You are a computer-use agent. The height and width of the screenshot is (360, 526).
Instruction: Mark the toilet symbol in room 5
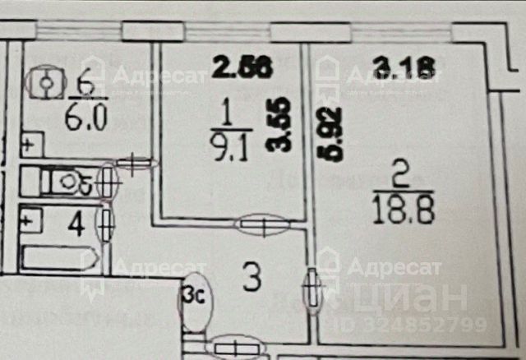tap(62, 180)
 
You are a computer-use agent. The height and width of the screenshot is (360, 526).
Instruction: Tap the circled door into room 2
tap(311, 289)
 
